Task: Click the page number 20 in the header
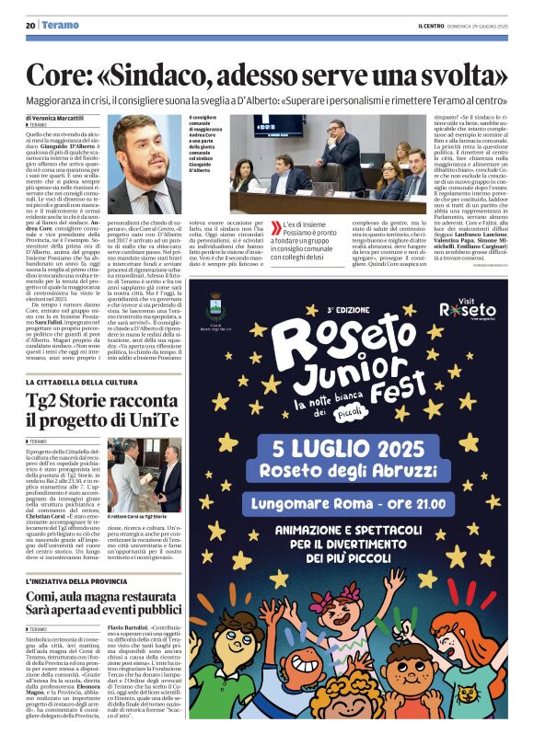pos(30,25)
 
